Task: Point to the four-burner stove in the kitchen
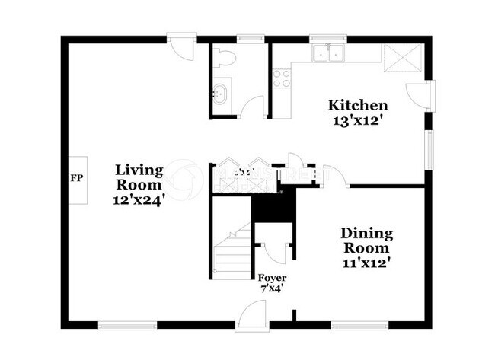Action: pos(282,78)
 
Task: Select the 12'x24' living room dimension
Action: pos(139,200)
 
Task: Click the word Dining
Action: pos(366,233)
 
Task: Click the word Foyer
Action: pos(272,278)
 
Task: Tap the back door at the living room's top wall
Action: pos(181,46)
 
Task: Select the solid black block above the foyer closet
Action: pos(271,206)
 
